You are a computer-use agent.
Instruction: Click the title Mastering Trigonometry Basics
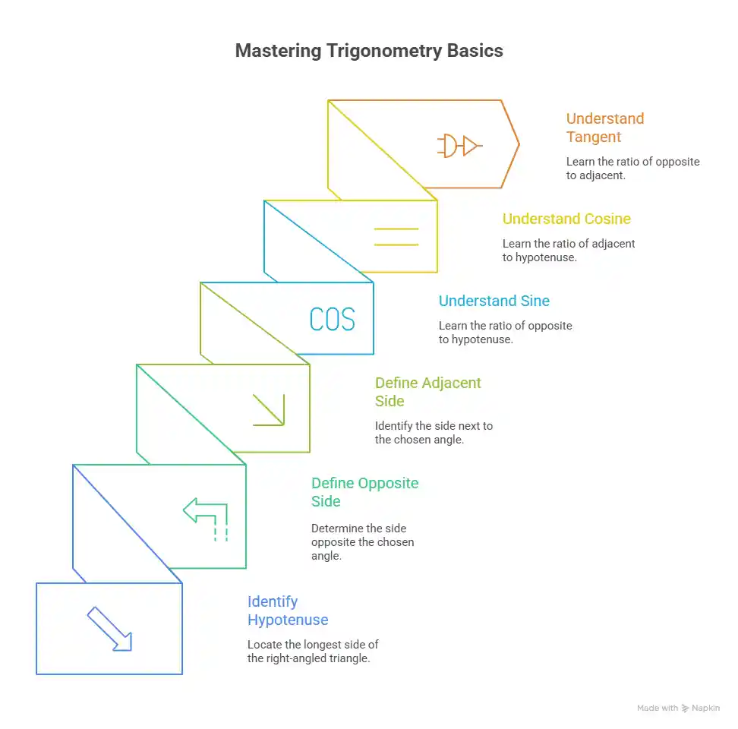point(368,51)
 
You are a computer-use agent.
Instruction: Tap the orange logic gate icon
point(459,145)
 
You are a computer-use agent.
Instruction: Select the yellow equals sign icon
point(396,236)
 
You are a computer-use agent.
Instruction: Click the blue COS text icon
point(333,319)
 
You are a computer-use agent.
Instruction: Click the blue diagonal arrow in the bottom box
point(110,629)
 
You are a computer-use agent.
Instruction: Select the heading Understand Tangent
point(605,128)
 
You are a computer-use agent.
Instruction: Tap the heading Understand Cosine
point(566,219)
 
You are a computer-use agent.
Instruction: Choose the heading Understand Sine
point(494,301)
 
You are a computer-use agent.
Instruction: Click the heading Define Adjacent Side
point(427,392)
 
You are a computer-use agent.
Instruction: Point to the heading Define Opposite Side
point(364,492)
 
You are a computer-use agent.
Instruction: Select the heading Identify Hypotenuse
point(288,611)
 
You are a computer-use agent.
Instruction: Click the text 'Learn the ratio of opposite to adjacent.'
point(632,169)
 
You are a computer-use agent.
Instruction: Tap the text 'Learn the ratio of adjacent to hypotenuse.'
point(569,251)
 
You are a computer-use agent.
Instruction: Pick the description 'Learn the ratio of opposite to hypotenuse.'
point(505,333)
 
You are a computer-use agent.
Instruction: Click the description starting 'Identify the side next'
point(434,433)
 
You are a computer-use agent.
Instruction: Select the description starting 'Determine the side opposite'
point(363,541)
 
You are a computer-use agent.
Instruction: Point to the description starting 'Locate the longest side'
point(313,652)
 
